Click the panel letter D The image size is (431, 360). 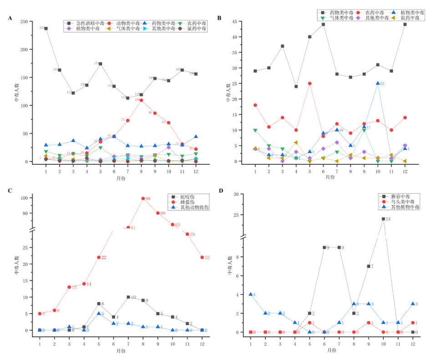click(x=221, y=190)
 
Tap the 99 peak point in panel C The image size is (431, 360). click(x=142, y=198)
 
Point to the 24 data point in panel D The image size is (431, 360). click(x=383, y=219)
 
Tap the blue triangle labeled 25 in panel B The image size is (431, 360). click(x=377, y=83)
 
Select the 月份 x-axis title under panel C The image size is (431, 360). click(x=120, y=351)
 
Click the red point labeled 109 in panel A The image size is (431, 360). click(x=141, y=100)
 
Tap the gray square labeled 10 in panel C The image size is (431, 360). click(x=128, y=297)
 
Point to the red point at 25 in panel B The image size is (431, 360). click(x=309, y=83)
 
